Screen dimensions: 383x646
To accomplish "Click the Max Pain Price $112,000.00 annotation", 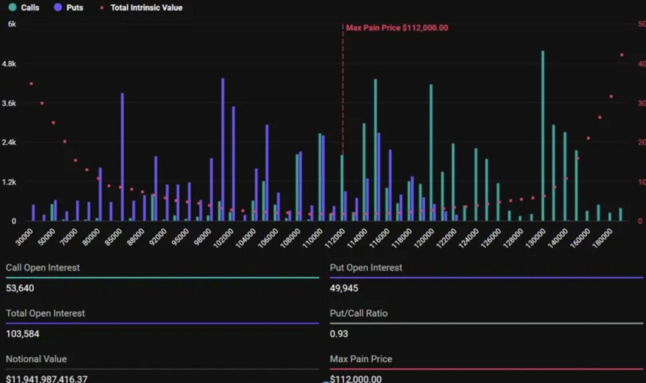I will pyautogui.click(x=397, y=28).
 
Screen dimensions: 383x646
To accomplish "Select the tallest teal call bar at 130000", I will pyautogui.click(x=543, y=135).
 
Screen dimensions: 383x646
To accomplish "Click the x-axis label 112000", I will pyautogui.click(x=334, y=238).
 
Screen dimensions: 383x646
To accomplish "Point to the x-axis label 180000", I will pyautogui.click(x=602, y=238).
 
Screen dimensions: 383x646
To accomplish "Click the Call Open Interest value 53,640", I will pyautogui.click(x=20, y=288).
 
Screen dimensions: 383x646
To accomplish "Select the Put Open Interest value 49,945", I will pyautogui.click(x=344, y=288).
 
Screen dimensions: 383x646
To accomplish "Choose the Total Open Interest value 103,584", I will pyautogui.click(x=23, y=334).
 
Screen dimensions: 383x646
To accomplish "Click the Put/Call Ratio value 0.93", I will pyautogui.click(x=339, y=334).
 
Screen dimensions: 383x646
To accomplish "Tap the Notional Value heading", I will pyautogui.click(x=36, y=359).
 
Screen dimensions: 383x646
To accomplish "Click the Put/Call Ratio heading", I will pyautogui.click(x=358, y=313).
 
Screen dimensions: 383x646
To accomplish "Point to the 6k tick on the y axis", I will pyautogui.click(x=12, y=24).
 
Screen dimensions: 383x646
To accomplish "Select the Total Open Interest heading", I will pyautogui.click(x=45, y=313).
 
